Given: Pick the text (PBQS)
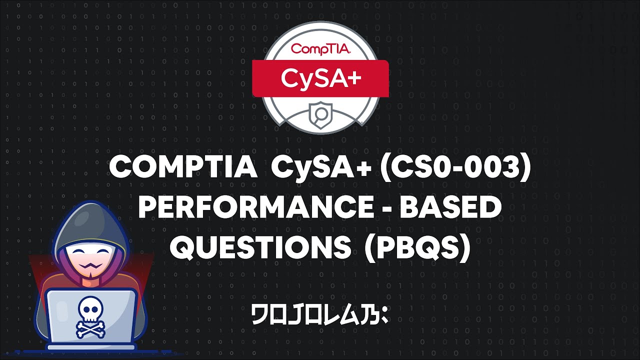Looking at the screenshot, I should pyautogui.click(x=417, y=248).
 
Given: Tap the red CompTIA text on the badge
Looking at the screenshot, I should pyautogui.click(x=320, y=49).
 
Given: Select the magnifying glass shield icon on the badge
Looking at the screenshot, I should pyautogui.click(x=320, y=114).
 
